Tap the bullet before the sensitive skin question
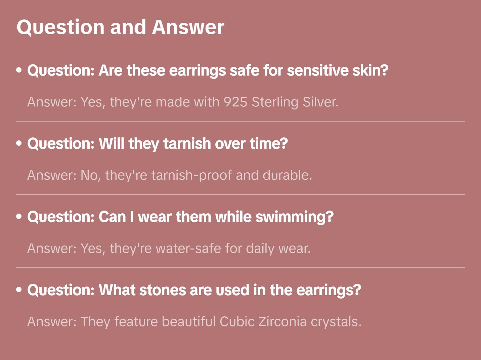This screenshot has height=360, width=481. tap(19, 70)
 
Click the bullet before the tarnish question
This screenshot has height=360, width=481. tap(19, 143)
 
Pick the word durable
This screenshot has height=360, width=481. tap(287, 175)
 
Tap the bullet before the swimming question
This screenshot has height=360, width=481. tap(19, 217)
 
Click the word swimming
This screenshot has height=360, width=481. tap(294, 217)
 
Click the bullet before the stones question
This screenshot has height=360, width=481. tap(19, 290)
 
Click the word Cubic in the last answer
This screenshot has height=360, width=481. tap(237, 322)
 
